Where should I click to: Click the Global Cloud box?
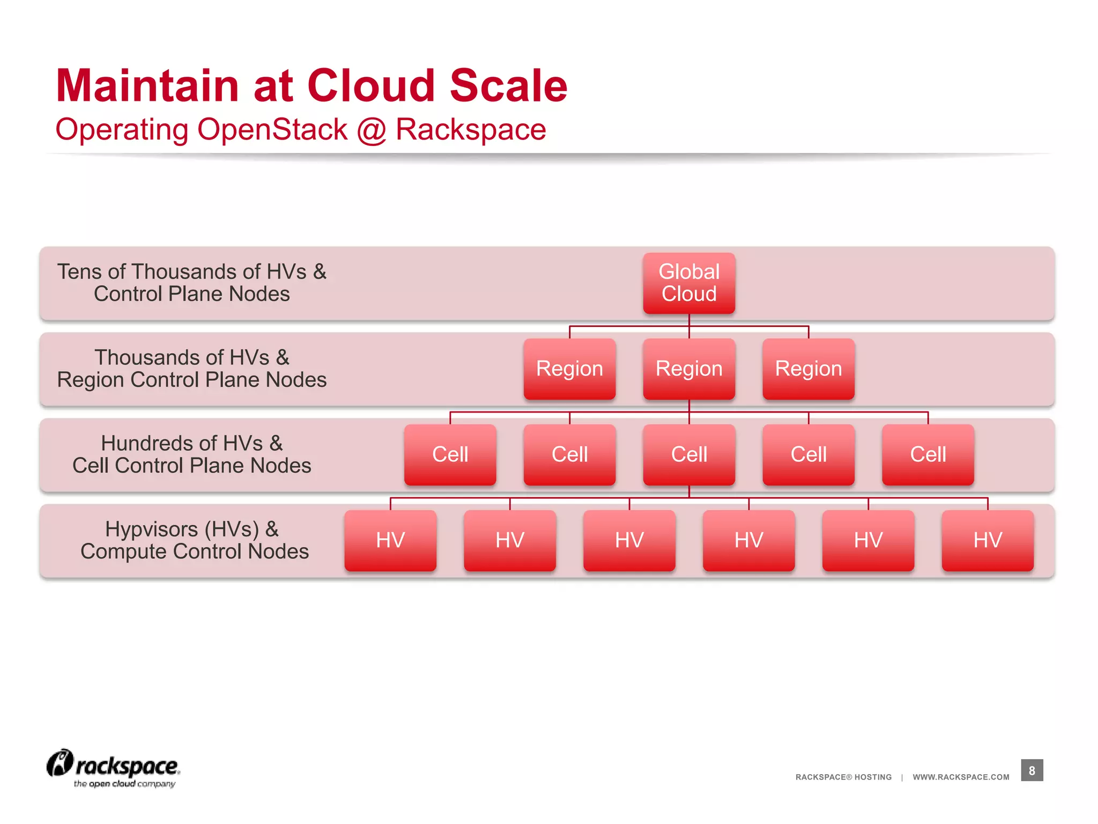[689, 283]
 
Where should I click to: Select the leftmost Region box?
[569, 369]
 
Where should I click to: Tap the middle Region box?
[689, 369]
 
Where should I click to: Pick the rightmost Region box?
[808, 369]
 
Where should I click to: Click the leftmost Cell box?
[450, 455]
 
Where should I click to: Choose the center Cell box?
[689, 455]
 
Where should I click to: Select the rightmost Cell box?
[928, 455]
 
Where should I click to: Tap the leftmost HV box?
[390, 541]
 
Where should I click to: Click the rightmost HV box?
[988, 541]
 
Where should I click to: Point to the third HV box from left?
[629, 541]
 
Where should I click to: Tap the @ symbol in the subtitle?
[371, 130]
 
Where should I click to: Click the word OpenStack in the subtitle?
[272, 130]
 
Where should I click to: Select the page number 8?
[1032, 770]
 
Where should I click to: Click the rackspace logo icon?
[60, 763]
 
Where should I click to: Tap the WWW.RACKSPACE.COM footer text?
[961, 777]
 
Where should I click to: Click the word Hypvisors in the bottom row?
[152, 530]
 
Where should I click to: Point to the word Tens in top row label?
[79, 272]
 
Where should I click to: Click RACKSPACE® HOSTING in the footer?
[843, 777]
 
